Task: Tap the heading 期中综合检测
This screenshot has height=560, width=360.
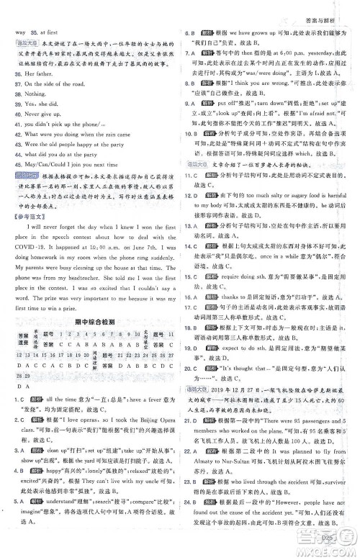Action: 89,302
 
